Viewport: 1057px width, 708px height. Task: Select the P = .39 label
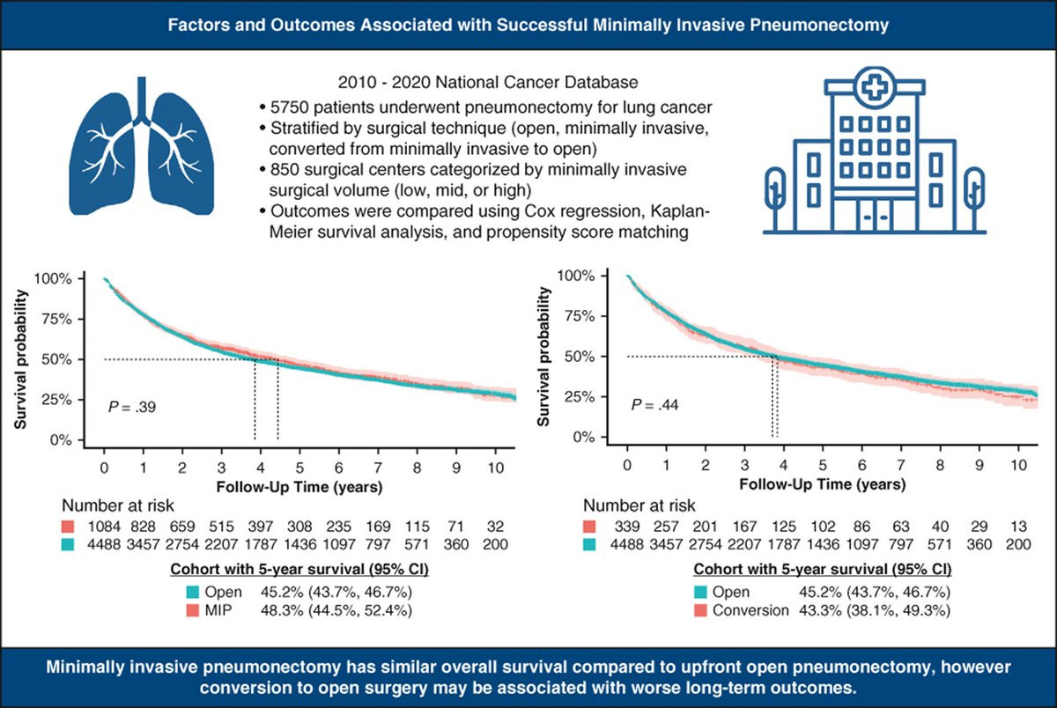pos(134,407)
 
